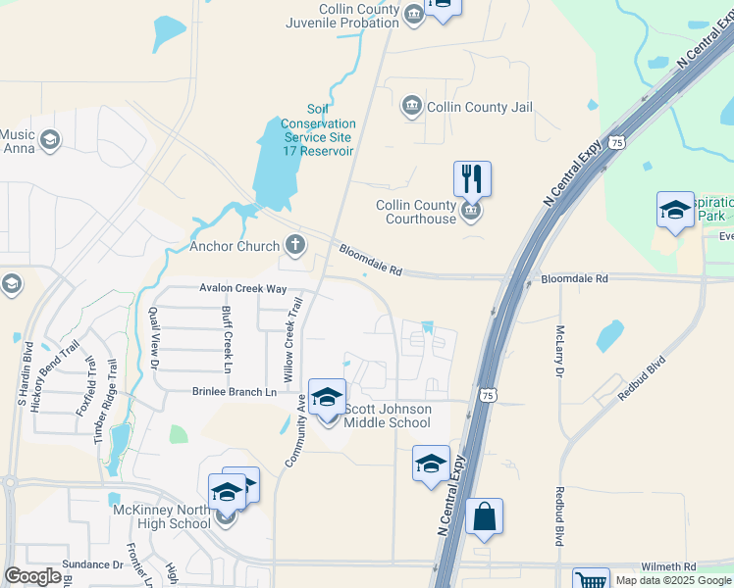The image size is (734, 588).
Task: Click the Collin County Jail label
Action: point(480,107)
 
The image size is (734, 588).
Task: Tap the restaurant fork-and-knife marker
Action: point(472,179)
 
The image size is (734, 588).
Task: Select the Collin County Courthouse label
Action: point(417,212)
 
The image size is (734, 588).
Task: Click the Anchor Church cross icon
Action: point(295,245)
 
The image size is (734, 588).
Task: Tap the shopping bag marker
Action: point(484,516)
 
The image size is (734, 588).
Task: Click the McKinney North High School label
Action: point(161,516)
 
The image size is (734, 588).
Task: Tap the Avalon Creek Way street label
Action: point(242,288)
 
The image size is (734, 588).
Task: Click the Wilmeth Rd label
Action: point(668,566)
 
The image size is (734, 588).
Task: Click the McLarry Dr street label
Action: point(559,352)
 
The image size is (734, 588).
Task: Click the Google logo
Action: point(33,576)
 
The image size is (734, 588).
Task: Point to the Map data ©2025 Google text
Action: point(673,580)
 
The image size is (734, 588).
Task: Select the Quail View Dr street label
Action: point(153,338)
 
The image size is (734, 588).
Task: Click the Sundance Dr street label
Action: point(92,564)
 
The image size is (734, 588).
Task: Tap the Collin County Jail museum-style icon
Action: point(411,106)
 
